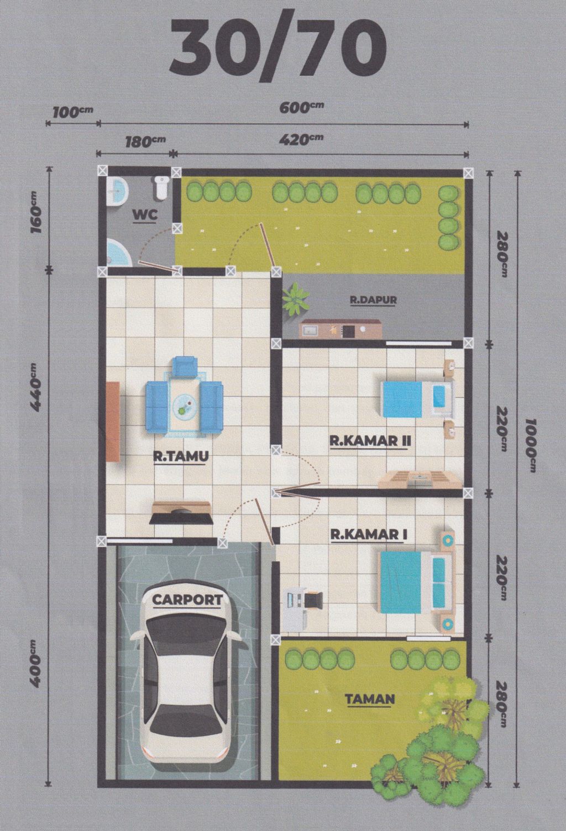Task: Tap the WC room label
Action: click(145, 215)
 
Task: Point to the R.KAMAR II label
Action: click(369, 441)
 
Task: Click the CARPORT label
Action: click(187, 599)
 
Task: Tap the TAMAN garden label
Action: click(370, 699)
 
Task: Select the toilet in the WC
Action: click(161, 188)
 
